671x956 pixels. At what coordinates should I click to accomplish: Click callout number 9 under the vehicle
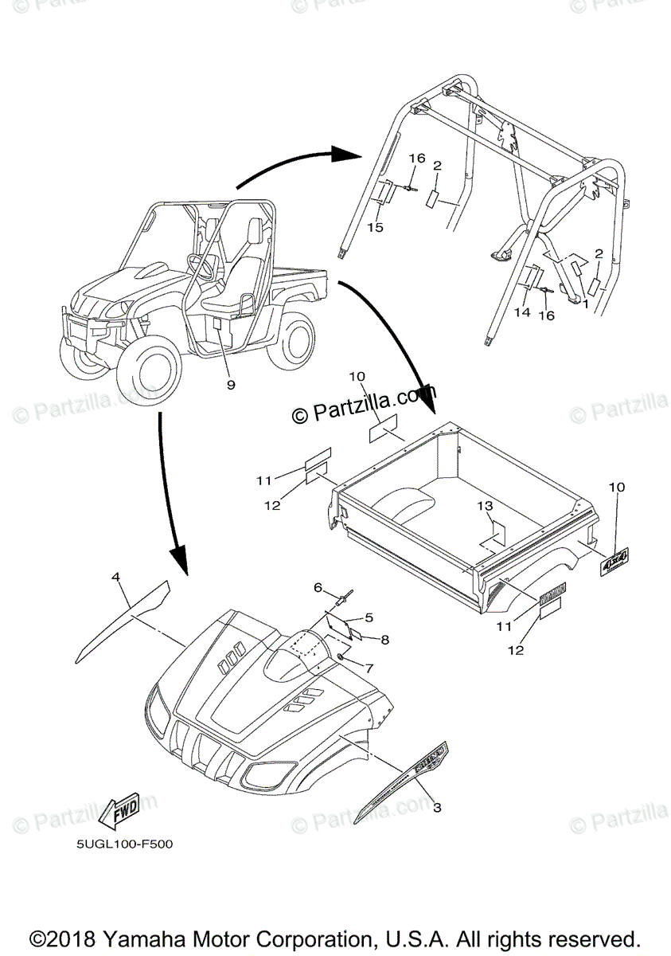pos(230,385)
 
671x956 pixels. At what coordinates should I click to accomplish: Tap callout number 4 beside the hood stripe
pos(116,575)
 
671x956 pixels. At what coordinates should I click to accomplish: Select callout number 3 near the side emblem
pos(437,807)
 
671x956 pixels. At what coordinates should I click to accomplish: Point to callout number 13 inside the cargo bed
pos(485,507)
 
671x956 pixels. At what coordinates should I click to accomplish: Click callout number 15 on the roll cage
pos(376,227)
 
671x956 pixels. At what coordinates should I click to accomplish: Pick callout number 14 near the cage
pos(521,313)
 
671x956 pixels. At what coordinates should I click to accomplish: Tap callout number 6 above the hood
pos(317,587)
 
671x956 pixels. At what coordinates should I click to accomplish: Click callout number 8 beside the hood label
pos(384,639)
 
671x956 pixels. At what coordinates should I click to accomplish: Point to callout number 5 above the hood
pos(369,617)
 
